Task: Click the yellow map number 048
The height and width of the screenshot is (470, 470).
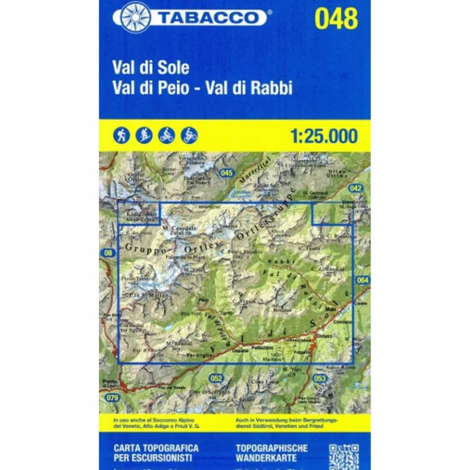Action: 336,19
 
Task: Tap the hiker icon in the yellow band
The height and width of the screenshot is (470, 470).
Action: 122,135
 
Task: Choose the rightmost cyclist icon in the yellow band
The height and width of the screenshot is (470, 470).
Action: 190,135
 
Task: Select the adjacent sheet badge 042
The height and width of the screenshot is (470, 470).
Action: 355,188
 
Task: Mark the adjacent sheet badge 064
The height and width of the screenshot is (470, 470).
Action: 363,281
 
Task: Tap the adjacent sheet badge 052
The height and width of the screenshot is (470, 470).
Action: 216,378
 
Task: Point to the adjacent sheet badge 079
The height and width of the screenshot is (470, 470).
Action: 113,397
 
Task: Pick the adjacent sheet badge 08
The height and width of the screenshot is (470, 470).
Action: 107,253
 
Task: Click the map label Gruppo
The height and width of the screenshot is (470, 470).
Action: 142,247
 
